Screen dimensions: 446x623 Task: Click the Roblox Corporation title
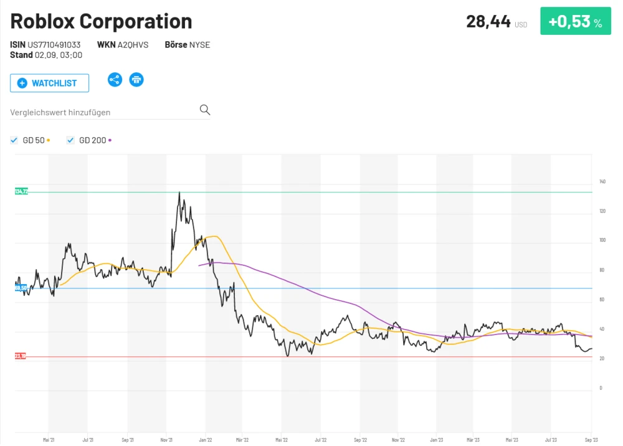pyautogui.click(x=101, y=21)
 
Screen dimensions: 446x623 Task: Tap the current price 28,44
pyautogui.click(x=488, y=21)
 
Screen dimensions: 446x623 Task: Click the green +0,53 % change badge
pyautogui.click(x=575, y=22)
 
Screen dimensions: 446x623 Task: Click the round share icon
pyautogui.click(x=115, y=80)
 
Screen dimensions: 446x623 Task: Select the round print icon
pyautogui.click(x=136, y=80)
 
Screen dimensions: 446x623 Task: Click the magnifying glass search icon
pyautogui.click(x=205, y=110)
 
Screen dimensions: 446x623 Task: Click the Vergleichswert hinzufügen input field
pyautogui.click(x=103, y=112)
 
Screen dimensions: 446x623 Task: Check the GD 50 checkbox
pyautogui.click(x=14, y=140)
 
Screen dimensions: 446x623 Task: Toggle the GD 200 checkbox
pyautogui.click(x=70, y=140)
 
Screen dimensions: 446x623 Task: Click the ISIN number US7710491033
pyautogui.click(x=54, y=45)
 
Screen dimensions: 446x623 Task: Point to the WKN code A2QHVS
pyautogui.click(x=133, y=45)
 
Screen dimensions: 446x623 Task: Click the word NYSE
pyautogui.click(x=200, y=45)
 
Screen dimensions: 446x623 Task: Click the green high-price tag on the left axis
pyautogui.click(x=21, y=192)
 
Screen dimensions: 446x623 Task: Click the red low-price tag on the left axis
pyautogui.click(x=21, y=356)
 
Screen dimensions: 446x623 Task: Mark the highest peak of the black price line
pyautogui.click(x=179, y=192)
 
